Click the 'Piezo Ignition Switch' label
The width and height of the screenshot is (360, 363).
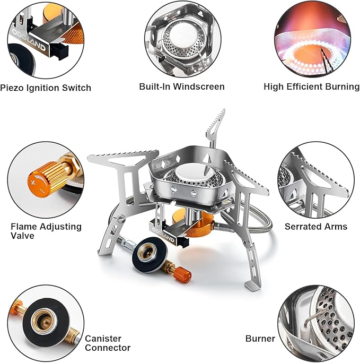tap(46, 88)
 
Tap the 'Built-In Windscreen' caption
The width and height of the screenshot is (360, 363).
tap(182, 87)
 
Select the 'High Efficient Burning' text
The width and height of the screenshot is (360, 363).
tap(311, 87)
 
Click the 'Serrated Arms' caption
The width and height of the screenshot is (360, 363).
tap(316, 227)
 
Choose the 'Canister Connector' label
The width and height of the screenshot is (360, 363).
tap(108, 343)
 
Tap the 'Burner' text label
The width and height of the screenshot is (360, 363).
tap(260, 338)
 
